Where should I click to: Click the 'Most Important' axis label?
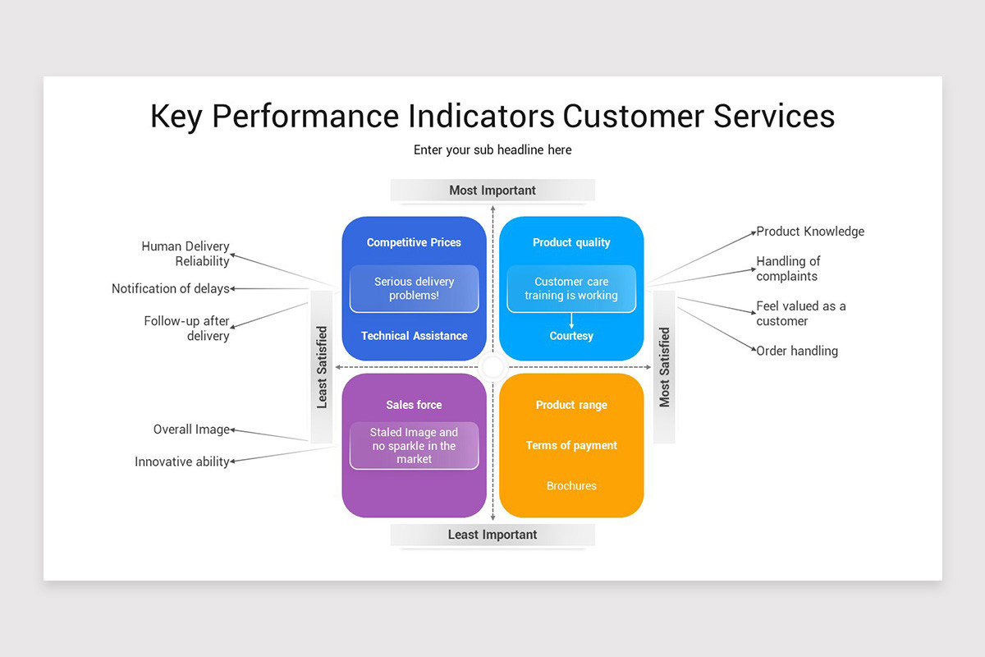click(x=492, y=191)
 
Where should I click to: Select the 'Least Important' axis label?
click(x=492, y=535)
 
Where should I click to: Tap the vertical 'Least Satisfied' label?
click(x=322, y=367)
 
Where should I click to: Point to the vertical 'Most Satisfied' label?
click(x=664, y=367)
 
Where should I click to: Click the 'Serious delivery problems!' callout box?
click(x=414, y=288)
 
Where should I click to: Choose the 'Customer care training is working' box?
click(x=571, y=288)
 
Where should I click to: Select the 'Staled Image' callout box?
click(x=414, y=446)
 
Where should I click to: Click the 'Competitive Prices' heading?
click(x=414, y=242)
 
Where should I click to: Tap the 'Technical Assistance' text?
click(x=414, y=336)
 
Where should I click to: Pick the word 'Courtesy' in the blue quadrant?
click(x=571, y=336)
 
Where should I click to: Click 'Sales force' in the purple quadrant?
click(x=414, y=405)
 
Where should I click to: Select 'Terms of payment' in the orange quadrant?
click(x=571, y=445)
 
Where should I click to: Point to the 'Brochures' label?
click(x=571, y=486)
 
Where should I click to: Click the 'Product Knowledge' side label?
click(x=810, y=232)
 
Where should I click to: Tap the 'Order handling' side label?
click(x=797, y=351)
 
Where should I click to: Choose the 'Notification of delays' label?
click(x=170, y=289)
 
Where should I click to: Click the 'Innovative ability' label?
click(x=181, y=462)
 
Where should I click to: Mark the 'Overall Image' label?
click(x=191, y=430)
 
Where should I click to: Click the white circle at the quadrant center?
click(x=492, y=367)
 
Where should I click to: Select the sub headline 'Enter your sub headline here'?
click(x=492, y=149)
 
